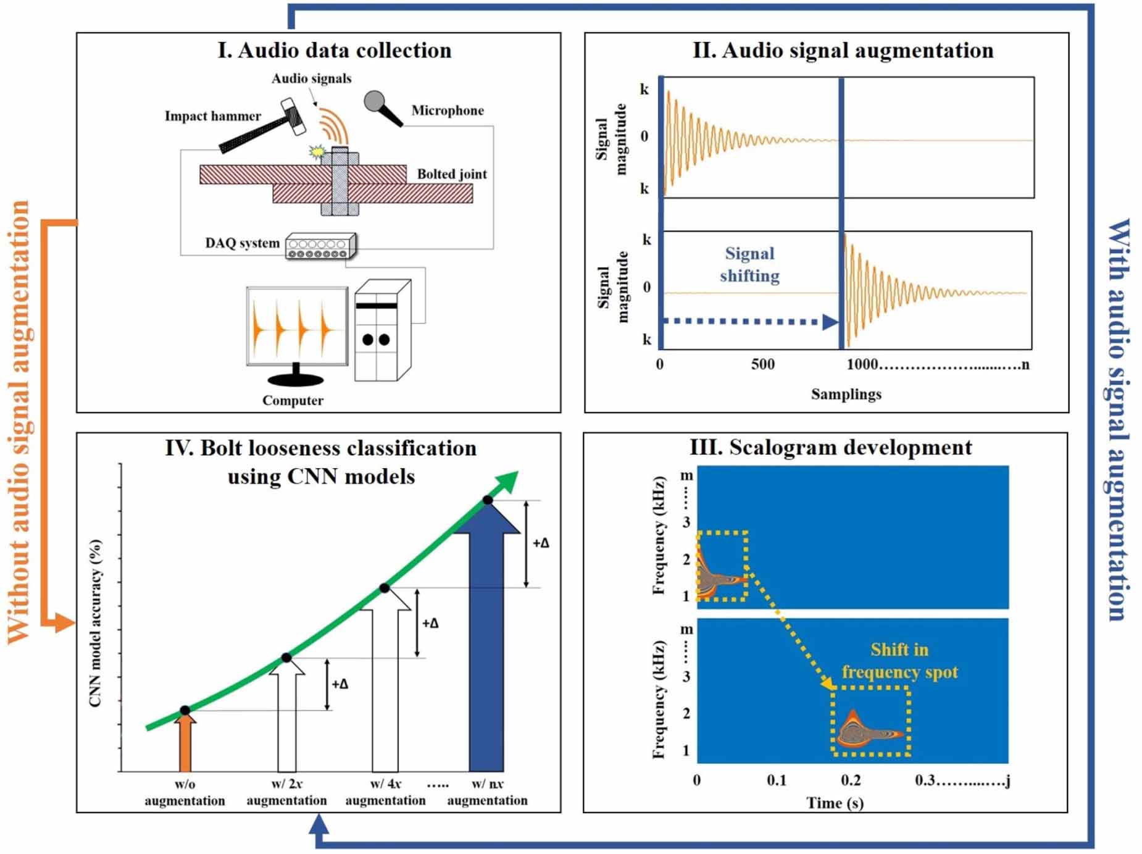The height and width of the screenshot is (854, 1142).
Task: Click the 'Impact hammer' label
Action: click(212, 116)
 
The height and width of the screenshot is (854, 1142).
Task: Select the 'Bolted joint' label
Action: click(452, 174)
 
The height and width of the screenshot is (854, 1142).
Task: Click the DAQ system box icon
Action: click(320, 246)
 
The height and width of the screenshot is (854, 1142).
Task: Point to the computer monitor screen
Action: click(297, 326)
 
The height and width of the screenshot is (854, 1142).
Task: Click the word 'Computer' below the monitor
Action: click(293, 400)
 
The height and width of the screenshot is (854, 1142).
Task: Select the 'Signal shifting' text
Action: click(749, 264)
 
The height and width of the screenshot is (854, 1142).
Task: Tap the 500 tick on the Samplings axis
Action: click(763, 364)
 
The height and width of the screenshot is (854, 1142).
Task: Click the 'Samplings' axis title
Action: click(846, 394)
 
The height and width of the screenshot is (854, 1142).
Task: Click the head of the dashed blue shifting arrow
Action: click(829, 322)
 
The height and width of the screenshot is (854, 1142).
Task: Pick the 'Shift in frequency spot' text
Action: click(899, 661)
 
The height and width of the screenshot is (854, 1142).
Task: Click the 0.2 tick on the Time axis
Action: click(851, 781)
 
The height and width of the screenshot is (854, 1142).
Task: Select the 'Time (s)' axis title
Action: click(835, 803)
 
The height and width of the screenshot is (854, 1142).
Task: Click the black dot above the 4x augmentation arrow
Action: click(384, 588)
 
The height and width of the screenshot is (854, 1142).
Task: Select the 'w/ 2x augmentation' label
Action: click(286, 792)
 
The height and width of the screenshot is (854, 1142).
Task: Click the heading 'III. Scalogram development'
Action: click(830, 447)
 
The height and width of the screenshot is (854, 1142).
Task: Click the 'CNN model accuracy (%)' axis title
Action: click(95, 624)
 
